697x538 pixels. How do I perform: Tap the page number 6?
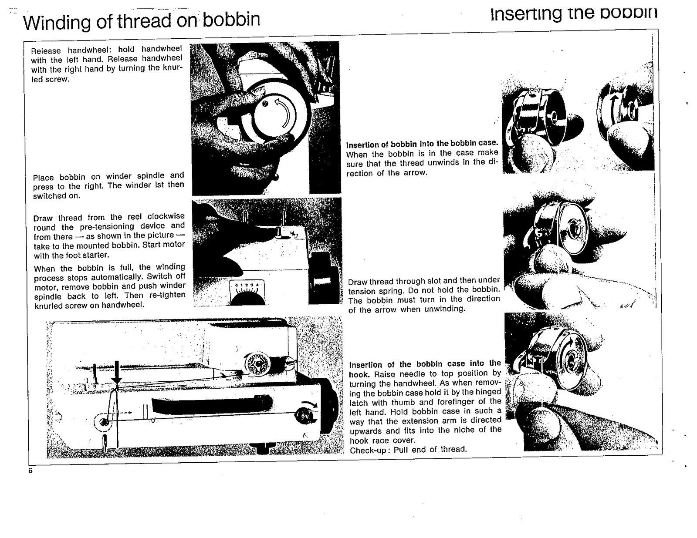coord(30,471)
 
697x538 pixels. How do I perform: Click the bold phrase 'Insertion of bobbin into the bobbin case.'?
coord(421,144)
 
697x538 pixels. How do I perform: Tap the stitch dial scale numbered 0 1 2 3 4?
coord(247,286)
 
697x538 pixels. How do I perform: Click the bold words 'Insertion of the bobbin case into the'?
coord(425,364)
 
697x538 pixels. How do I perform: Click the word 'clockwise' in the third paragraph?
coord(166,216)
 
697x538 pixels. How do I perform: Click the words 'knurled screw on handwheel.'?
coord(89,305)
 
